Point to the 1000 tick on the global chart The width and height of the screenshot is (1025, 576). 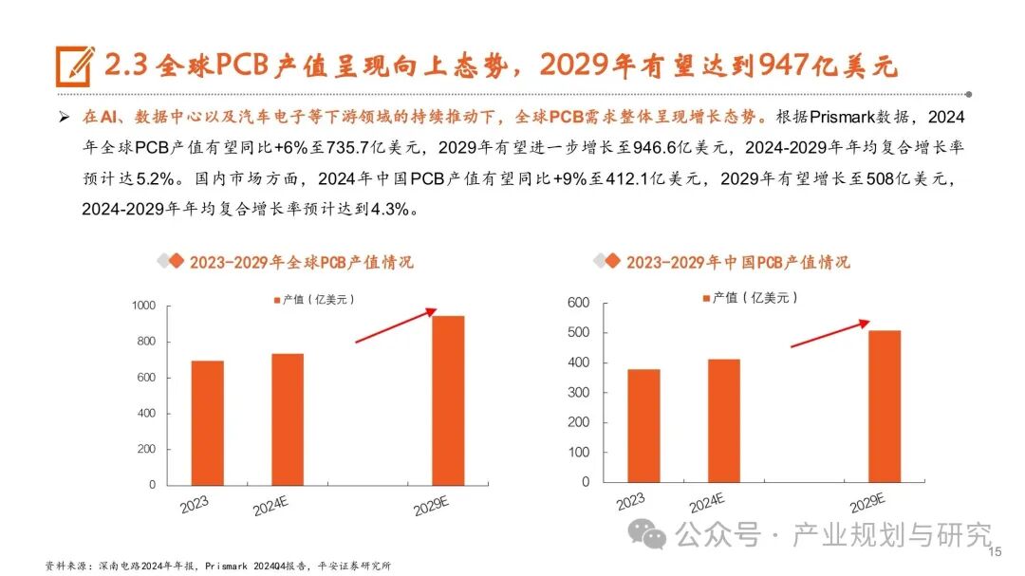pyautogui.click(x=143, y=306)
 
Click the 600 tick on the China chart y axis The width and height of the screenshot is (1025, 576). pyautogui.click(x=578, y=304)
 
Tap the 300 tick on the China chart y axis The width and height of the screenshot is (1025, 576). pyautogui.click(x=578, y=393)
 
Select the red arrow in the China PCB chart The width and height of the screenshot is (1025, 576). pyautogui.click(x=829, y=333)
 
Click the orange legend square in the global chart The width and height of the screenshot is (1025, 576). pyautogui.click(x=277, y=300)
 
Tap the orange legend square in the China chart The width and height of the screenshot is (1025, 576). pyautogui.click(x=706, y=298)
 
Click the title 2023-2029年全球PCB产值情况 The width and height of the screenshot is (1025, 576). pyautogui.click(x=301, y=262)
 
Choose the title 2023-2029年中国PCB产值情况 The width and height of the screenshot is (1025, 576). pyautogui.click(x=737, y=262)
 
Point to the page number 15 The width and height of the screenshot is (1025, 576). pyautogui.click(x=996, y=552)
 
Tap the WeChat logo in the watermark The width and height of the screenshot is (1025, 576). pyautogui.click(x=653, y=535)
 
